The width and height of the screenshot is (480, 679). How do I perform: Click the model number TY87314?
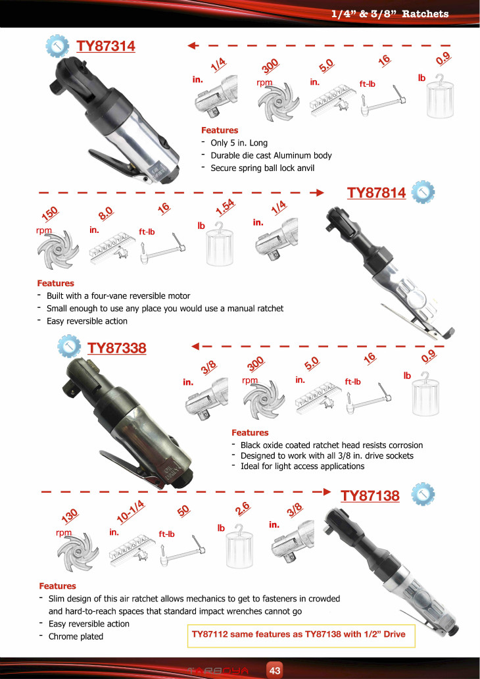click(x=106, y=46)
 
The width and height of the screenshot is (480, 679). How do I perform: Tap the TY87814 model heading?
click(x=377, y=193)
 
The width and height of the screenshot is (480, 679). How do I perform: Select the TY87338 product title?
click(x=117, y=348)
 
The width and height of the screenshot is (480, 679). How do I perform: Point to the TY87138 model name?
click(x=370, y=495)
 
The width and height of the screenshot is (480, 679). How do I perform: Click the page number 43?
click(x=275, y=670)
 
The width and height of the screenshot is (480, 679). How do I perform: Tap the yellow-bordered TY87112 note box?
click(x=301, y=635)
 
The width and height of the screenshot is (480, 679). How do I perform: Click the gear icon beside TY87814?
click(x=423, y=193)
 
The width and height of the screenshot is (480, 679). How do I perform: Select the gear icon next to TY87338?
click(x=69, y=347)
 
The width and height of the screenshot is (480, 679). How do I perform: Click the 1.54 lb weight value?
click(x=225, y=208)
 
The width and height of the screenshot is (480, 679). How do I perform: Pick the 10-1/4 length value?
click(x=131, y=511)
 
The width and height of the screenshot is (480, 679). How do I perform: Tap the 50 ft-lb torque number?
click(x=183, y=511)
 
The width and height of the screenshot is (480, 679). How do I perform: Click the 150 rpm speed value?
click(x=50, y=213)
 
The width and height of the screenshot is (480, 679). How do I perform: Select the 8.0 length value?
click(x=106, y=213)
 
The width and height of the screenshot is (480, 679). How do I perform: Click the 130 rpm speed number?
click(x=69, y=515)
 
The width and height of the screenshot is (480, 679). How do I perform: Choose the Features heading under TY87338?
click(x=250, y=433)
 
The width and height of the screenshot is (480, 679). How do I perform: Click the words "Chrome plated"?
click(x=76, y=637)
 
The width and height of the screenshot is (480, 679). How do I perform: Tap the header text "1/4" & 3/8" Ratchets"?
click(x=390, y=13)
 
